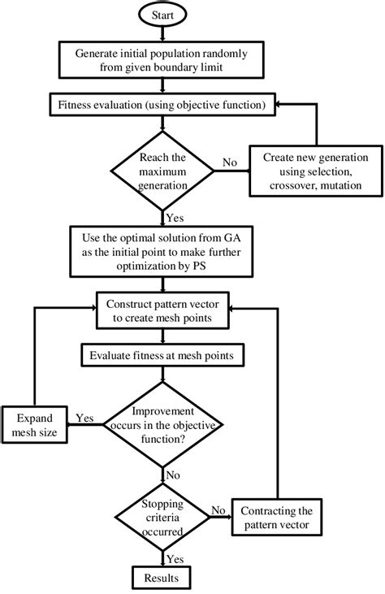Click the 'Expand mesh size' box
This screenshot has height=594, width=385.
pyautogui.click(x=36, y=425)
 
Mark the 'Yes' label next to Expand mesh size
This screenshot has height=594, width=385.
pyautogui.click(x=84, y=418)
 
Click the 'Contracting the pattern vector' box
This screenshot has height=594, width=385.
pyautogui.click(x=279, y=518)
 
